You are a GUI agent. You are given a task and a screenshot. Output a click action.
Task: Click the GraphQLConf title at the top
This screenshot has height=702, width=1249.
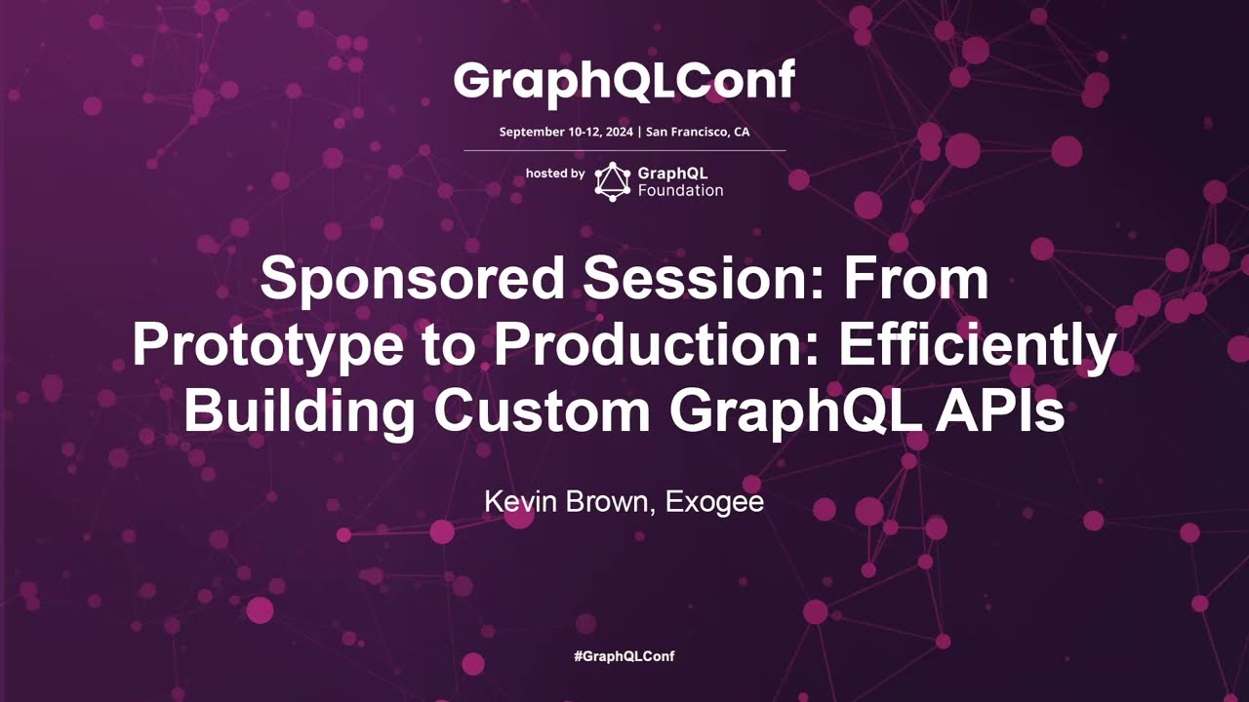624,82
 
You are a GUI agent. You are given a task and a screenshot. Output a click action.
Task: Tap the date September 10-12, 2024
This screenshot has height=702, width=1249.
566,132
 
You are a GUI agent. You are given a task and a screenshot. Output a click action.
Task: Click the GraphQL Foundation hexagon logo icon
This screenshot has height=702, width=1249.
613,181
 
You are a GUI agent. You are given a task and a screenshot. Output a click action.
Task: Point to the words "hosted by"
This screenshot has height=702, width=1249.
555,173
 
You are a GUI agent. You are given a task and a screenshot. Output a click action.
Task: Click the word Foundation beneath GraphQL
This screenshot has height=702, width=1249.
680,190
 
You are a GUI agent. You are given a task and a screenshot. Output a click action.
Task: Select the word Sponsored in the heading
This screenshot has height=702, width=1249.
412,280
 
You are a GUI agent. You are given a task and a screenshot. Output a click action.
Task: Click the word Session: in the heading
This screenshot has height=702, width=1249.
704,280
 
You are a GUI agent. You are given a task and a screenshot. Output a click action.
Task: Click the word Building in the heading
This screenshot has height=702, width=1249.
299,411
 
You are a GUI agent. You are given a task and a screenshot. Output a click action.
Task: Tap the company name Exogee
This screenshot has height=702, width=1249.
714,503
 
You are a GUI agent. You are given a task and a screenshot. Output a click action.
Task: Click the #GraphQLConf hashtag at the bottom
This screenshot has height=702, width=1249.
624,656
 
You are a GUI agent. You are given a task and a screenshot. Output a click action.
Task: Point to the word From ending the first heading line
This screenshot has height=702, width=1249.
916,280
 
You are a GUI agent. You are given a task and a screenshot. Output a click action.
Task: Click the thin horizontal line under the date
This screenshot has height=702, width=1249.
624,151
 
